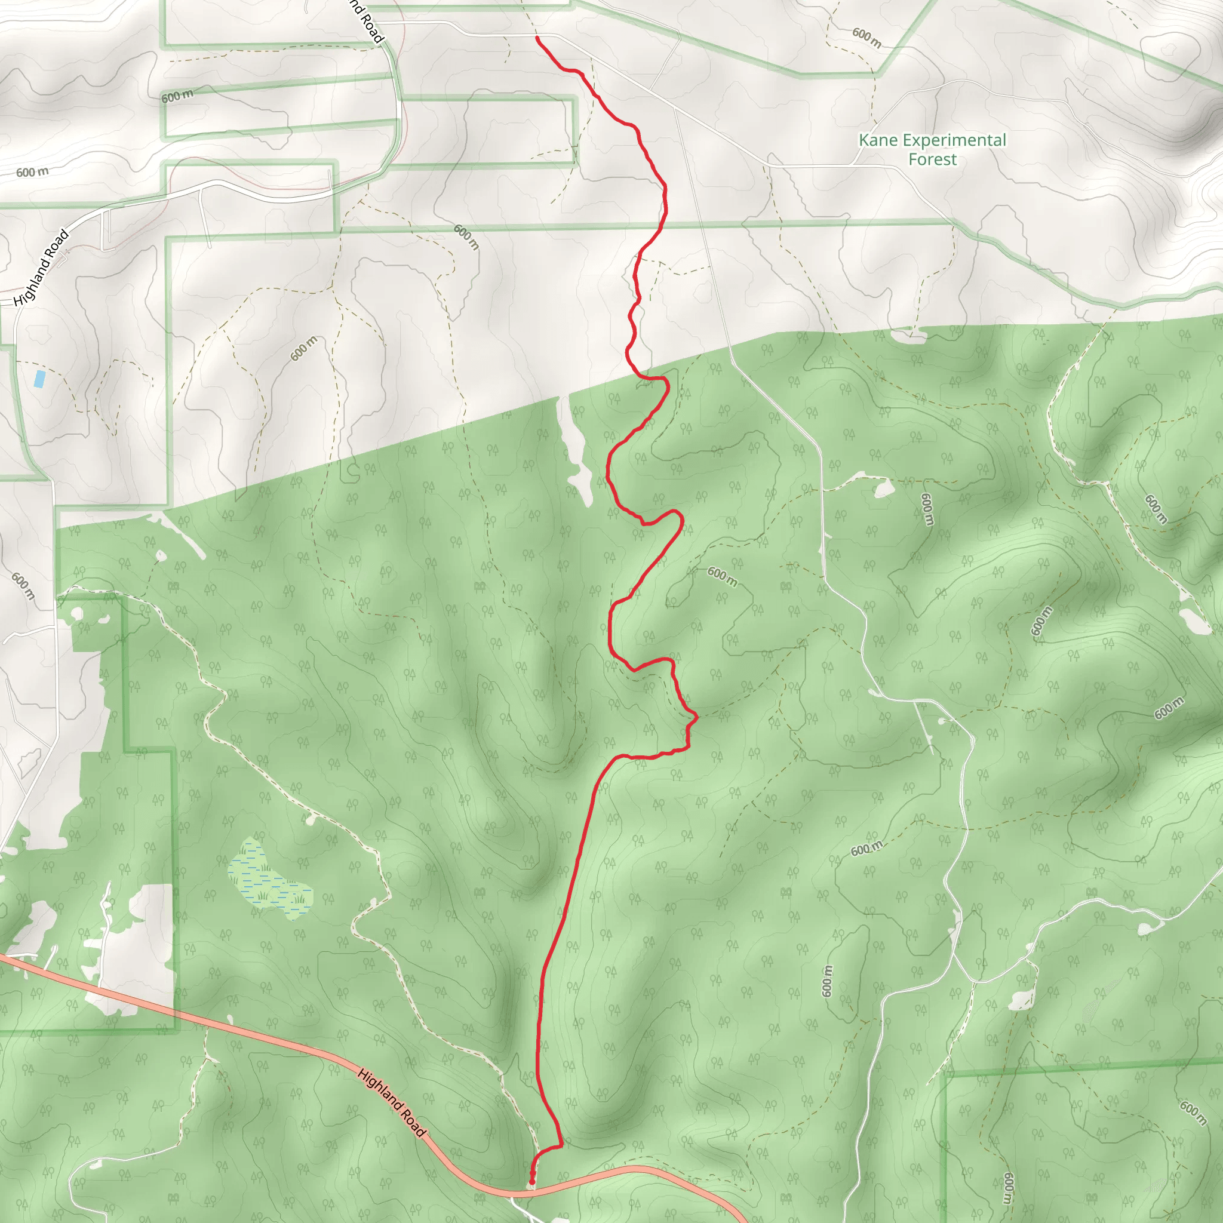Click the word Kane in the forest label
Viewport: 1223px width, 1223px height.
[874, 140]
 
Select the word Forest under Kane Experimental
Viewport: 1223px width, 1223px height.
[932, 159]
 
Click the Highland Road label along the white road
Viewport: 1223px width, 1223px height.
[42, 268]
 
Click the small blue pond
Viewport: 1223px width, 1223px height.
[39, 379]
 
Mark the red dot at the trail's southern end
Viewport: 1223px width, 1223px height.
[531, 1181]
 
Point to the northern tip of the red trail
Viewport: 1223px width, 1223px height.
[537, 38]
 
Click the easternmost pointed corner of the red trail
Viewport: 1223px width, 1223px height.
[697, 717]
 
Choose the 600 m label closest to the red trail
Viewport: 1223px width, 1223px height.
[721, 577]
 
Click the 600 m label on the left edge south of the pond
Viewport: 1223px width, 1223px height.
[23, 586]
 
